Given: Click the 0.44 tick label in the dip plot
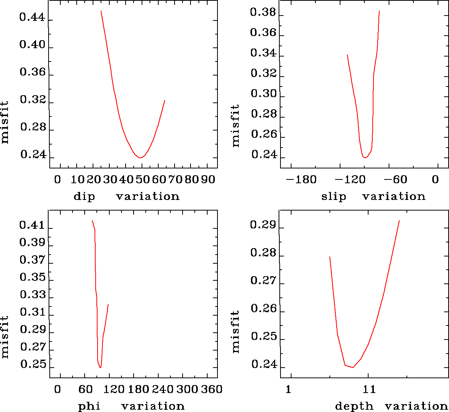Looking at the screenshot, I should click(x=32, y=18).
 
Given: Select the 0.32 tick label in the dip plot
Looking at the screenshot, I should click(x=32, y=100).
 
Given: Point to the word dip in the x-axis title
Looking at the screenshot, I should click(x=84, y=197).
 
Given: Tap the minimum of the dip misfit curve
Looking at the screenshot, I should click(x=140, y=157).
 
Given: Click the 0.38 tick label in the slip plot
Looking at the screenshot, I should click(x=263, y=13).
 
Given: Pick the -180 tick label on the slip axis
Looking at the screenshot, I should click(x=301, y=179).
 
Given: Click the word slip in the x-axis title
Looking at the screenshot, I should click(x=334, y=197).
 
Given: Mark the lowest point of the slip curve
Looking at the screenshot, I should click(x=365, y=157).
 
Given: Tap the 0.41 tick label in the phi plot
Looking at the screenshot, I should click(x=32, y=225).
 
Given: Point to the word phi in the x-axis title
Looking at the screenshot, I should click(x=89, y=406).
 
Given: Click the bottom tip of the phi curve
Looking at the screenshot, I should click(x=100, y=368).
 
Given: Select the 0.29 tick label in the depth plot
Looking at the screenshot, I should click(x=263, y=225).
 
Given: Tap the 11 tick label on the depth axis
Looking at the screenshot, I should click(x=369, y=389).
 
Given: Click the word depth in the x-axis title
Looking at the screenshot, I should click(x=354, y=406).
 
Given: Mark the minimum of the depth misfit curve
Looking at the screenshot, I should click(x=353, y=367).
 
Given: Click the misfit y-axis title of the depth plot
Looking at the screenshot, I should click(x=236, y=332).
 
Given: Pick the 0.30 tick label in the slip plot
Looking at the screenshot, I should click(x=263, y=94).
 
